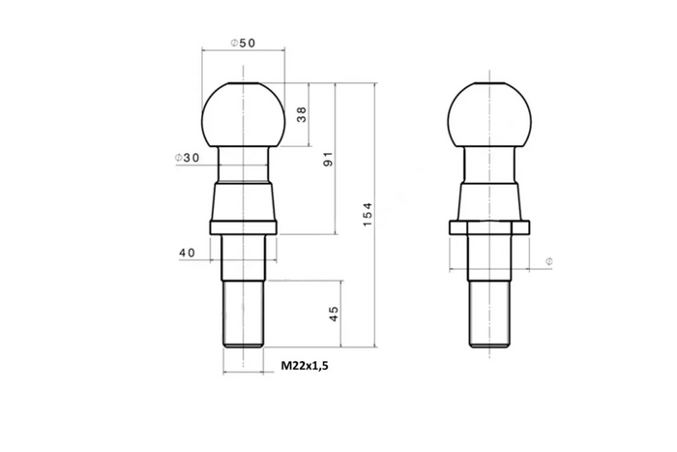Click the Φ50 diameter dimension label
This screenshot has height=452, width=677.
[x=242, y=43]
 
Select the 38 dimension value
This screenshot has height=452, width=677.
[x=302, y=114]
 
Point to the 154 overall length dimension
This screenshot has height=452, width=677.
[x=368, y=215]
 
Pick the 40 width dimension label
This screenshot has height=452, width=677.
[x=188, y=253]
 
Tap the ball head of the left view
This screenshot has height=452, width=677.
[x=242, y=114]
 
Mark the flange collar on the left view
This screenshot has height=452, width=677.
[x=243, y=228]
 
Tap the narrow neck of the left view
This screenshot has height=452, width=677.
[x=243, y=165]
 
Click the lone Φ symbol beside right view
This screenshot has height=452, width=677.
[x=548, y=262]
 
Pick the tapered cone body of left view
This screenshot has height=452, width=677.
[x=243, y=203]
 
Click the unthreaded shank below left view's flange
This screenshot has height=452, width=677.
[x=243, y=256]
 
